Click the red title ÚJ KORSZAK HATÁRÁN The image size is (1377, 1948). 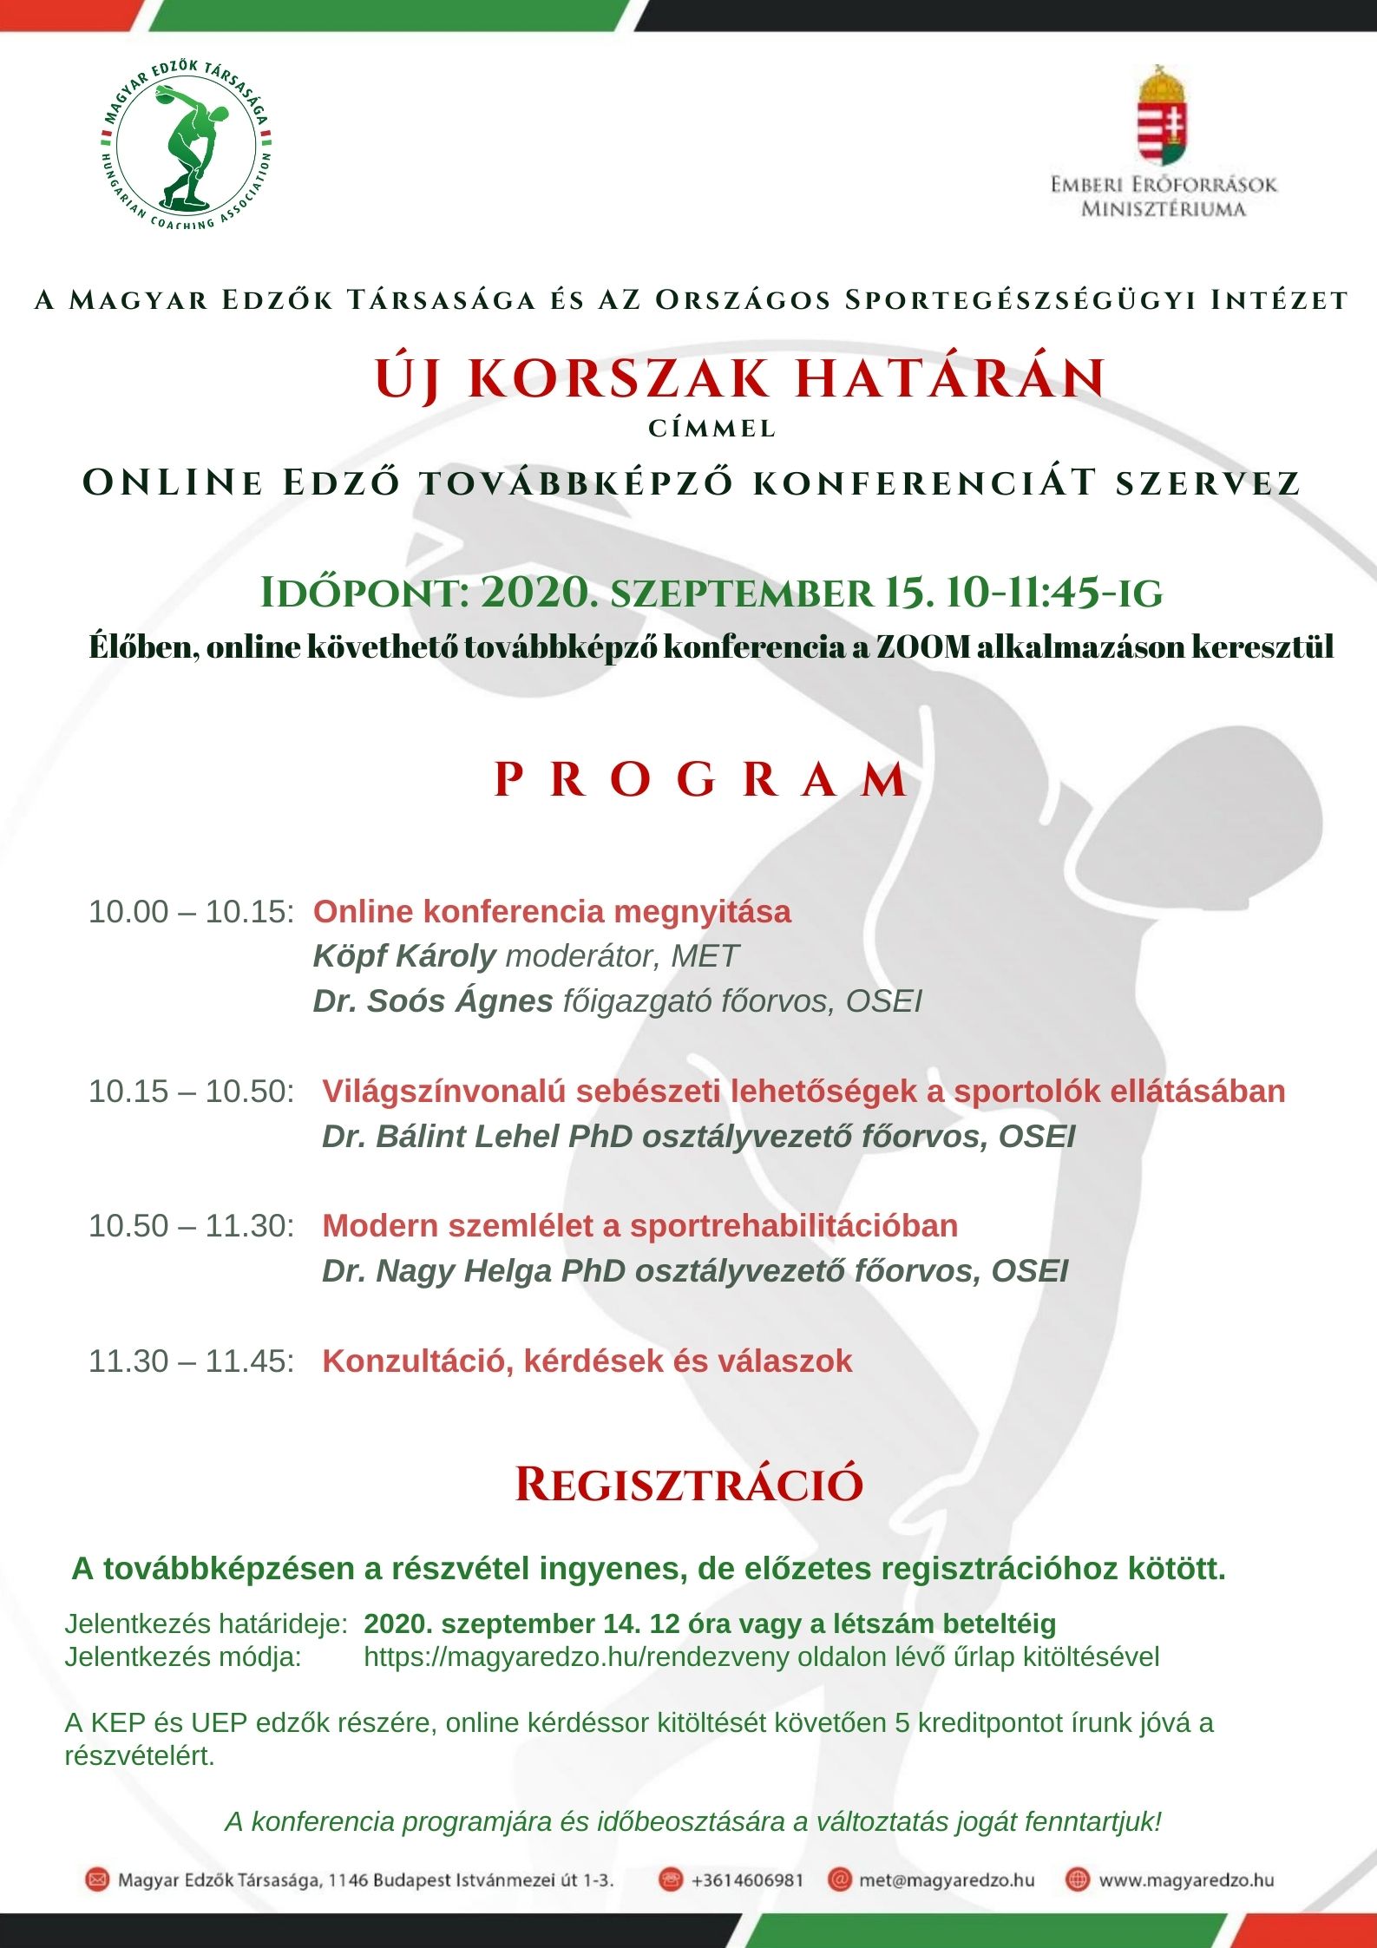pyautogui.click(x=740, y=379)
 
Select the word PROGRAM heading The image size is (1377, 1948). pyautogui.click(x=701, y=780)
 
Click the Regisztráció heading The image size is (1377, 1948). pyautogui.click(x=689, y=1485)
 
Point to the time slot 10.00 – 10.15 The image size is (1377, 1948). pyautogui.click(x=192, y=912)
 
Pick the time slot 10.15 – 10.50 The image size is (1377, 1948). pyautogui.click(x=192, y=1092)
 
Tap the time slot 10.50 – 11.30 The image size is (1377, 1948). pyautogui.click(x=192, y=1226)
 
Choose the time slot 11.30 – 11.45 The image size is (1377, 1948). pyautogui.click(x=192, y=1361)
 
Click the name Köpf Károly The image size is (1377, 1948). pyautogui.click(x=404, y=956)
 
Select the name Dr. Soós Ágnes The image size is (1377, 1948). pyautogui.click(x=433, y=1001)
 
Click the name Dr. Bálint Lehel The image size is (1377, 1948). pyautogui.click(x=441, y=1137)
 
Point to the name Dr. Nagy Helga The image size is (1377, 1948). pyautogui.click(x=437, y=1271)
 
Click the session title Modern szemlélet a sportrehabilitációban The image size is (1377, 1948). pyautogui.click(x=640, y=1226)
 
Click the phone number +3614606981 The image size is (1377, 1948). pyautogui.click(x=747, y=1880)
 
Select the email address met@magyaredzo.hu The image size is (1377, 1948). pyautogui.click(x=947, y=1880)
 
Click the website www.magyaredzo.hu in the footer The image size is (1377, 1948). pyautogui.click(x=1186, y=1880)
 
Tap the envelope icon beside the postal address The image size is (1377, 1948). pyautogui.click(x=97, y=1880)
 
